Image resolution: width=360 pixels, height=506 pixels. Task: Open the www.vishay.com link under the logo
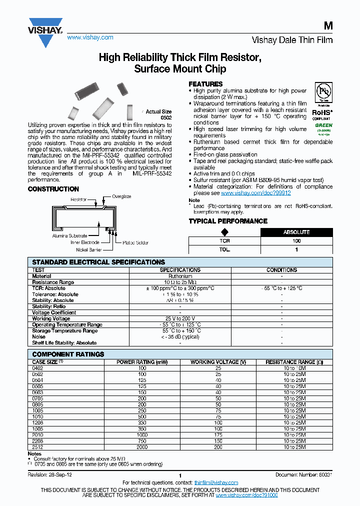90,37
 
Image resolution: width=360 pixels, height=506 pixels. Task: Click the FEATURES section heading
205,84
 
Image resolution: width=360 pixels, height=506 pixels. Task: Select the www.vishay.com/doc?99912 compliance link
255,192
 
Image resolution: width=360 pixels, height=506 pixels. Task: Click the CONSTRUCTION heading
53,189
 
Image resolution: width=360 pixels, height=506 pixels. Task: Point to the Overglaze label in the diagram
121,196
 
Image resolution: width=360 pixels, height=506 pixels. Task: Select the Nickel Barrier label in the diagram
89,249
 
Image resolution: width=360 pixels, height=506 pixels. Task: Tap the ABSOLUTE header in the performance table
296,232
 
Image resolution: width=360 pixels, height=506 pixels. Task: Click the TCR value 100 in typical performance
296,241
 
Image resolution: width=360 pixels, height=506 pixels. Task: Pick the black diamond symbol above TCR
224,232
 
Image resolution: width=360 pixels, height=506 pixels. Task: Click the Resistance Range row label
53,282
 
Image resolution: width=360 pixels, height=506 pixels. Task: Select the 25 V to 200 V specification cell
180,318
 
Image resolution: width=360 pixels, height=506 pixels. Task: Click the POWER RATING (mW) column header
142,362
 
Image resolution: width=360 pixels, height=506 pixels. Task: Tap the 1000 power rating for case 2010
142,435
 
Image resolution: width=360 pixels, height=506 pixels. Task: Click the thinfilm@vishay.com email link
216,482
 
